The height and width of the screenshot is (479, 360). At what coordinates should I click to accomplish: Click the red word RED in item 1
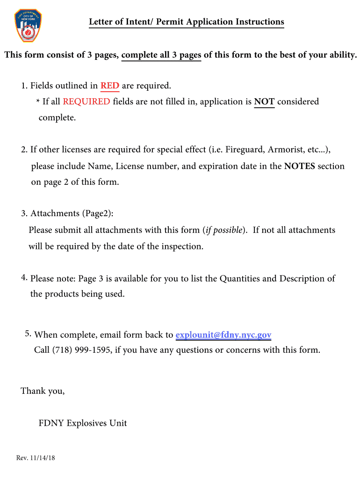(x=110, y=86)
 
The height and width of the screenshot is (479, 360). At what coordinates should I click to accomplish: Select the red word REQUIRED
(x=86, y=102)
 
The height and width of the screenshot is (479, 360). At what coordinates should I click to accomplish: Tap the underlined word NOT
(x=264, y=102)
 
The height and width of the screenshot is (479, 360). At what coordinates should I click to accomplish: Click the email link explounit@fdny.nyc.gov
(x=223, y=335)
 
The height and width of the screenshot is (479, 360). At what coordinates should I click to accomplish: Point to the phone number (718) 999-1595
(x=82, y=350)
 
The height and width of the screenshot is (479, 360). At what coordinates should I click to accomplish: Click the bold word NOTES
(x=300, y=166)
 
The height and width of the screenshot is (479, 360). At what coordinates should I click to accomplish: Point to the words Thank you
(x=43, y=391)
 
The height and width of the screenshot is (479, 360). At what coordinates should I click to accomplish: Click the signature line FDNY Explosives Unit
(x=83, y=423)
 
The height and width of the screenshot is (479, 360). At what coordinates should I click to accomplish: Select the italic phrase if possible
(x=224, y=230)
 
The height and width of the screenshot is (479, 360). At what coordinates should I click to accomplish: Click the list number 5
(x=28, y=334)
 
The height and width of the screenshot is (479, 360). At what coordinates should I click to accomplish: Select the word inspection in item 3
(x=181, y=247)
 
